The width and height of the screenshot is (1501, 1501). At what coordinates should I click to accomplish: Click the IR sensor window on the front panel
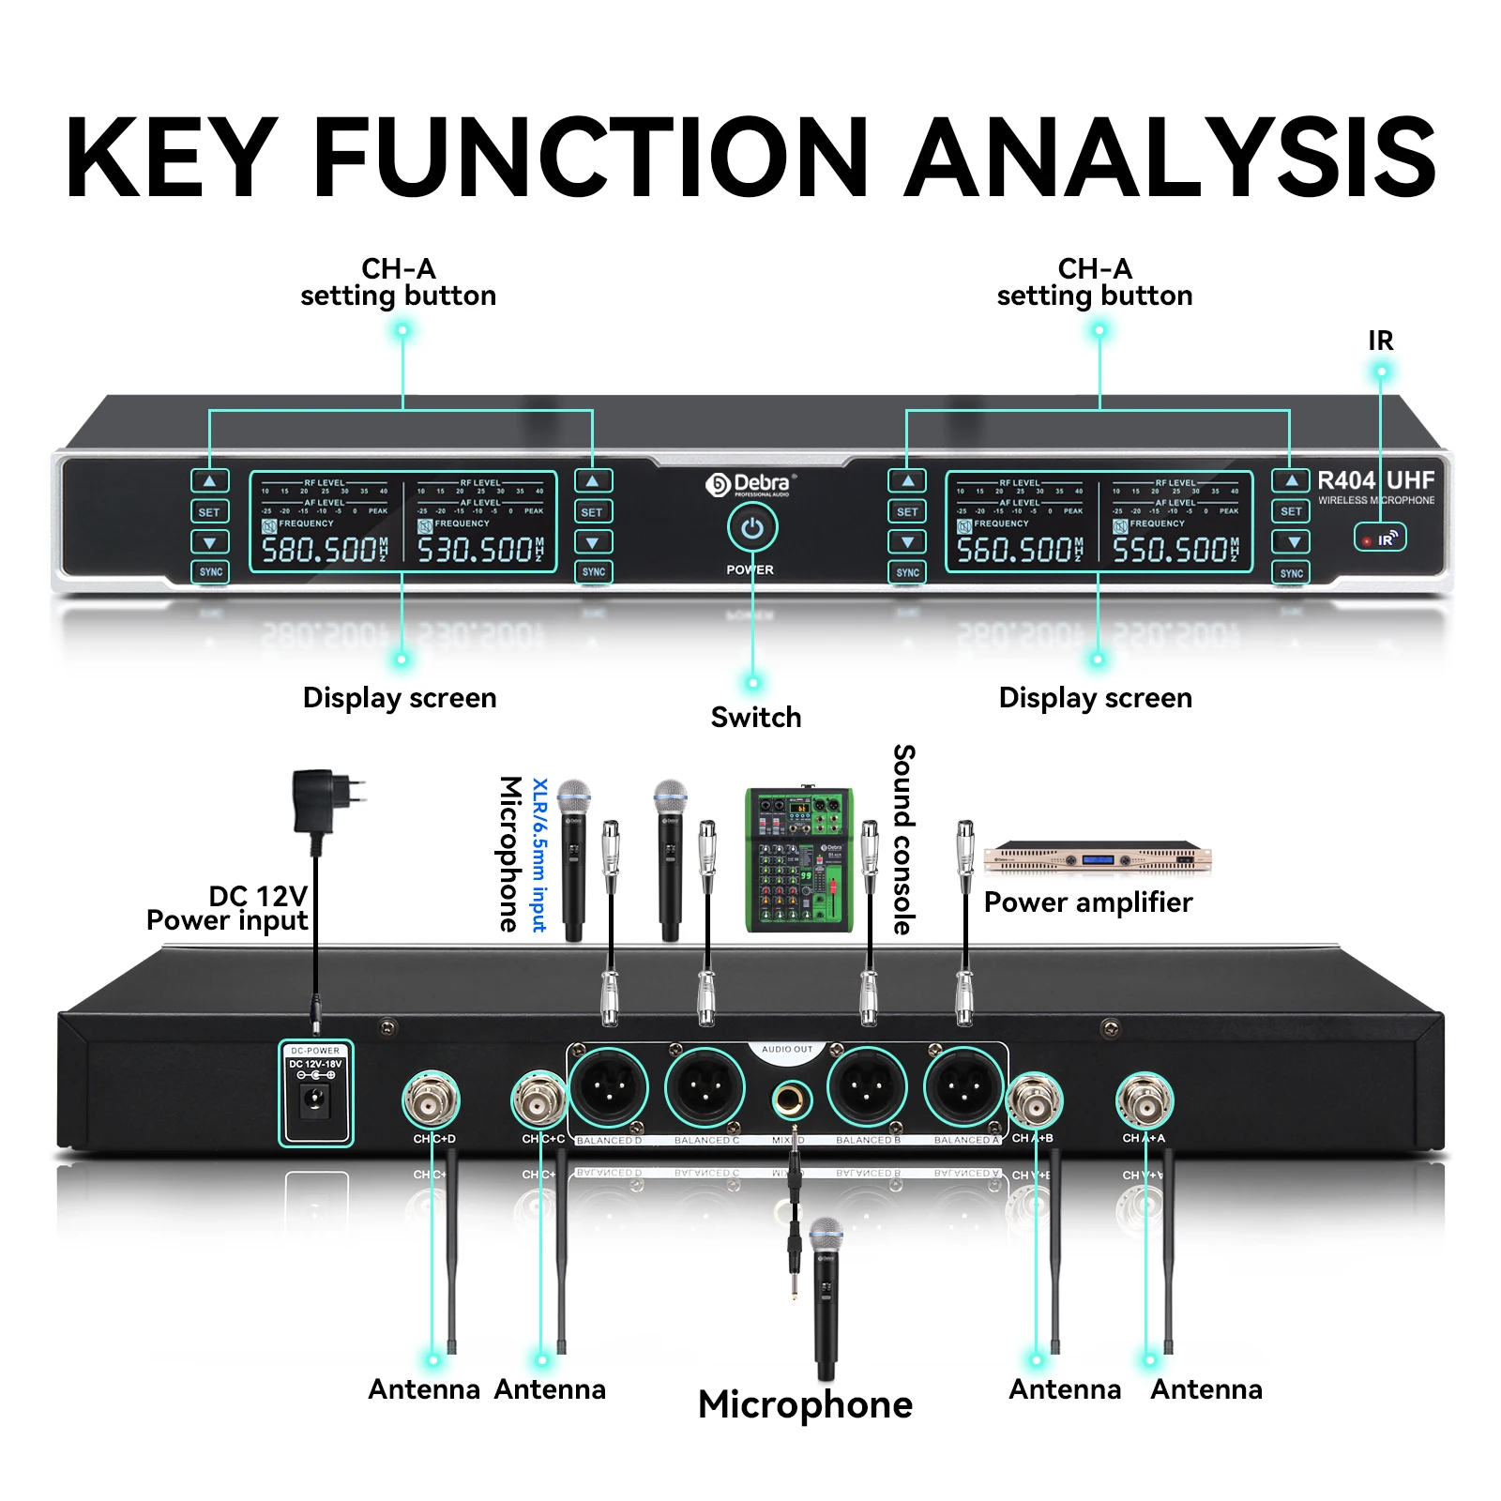[1379, 538]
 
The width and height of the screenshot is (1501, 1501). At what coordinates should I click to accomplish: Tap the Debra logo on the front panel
[750, 484]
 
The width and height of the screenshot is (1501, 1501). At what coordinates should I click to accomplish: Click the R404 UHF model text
[1375, 480]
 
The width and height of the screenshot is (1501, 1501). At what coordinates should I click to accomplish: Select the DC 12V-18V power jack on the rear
[315, 1098]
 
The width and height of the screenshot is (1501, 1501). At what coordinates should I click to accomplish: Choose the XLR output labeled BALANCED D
[608, 1088]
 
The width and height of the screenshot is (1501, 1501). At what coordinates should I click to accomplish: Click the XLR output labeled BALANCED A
[963, 1088]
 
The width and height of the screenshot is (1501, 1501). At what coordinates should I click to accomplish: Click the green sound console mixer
[799, 859]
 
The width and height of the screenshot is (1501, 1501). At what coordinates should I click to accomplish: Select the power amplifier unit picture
[1097, 857]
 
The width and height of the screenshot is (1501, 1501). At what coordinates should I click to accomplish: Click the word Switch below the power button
[756, 718]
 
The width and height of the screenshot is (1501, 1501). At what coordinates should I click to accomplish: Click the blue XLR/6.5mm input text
[539, 854]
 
